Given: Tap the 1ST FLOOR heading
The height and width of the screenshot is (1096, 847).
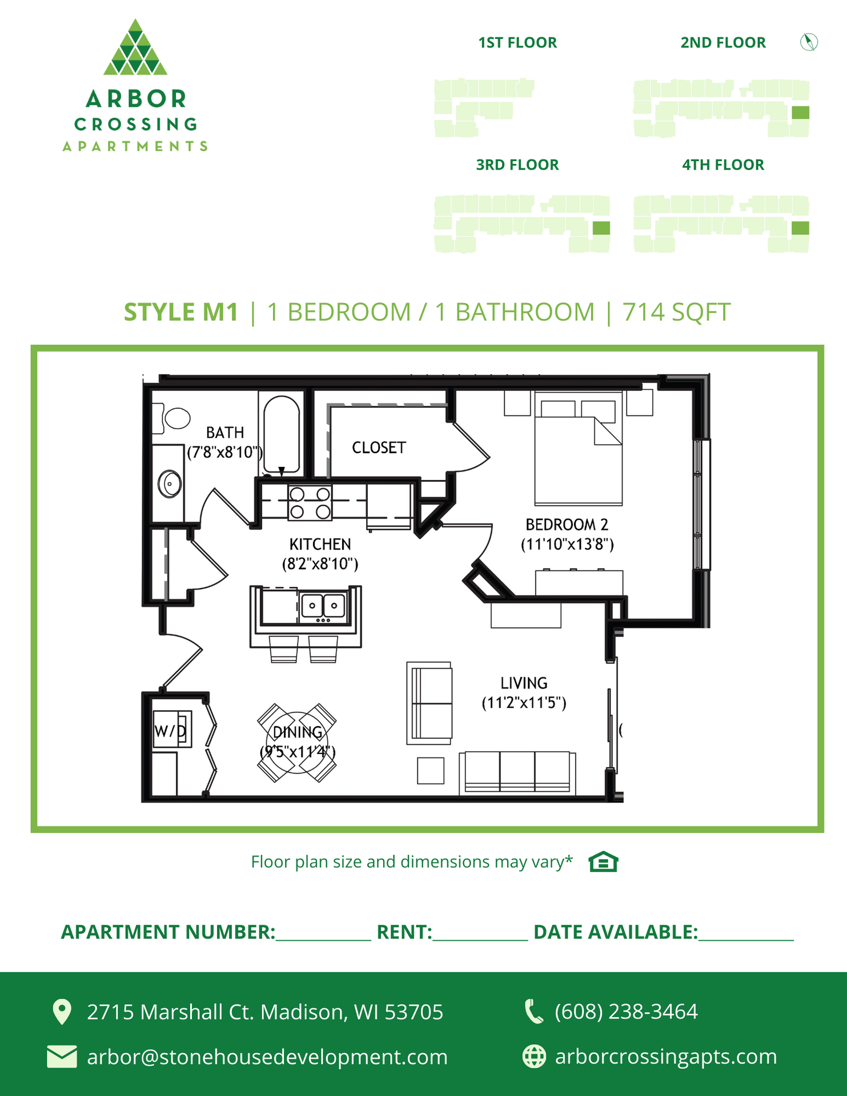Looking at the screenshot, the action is pos(517,43).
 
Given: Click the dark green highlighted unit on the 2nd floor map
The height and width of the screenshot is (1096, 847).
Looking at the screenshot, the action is pos(800,112).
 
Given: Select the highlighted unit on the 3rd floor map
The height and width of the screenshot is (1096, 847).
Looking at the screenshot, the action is pos(601,228).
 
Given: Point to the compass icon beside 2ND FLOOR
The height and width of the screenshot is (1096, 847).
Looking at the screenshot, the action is pos(809,42).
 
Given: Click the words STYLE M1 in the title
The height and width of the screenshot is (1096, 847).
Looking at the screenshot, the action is pos(180,312).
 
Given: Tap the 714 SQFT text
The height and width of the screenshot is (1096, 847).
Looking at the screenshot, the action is pos(676,312).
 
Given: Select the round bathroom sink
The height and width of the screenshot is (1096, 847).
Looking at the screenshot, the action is pos(170,484).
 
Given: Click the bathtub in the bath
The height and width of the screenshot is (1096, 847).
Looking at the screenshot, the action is pos(282,434).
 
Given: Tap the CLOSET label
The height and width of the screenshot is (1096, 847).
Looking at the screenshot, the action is pos(379,448).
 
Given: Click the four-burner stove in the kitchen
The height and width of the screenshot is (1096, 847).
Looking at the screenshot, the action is pos(310,502).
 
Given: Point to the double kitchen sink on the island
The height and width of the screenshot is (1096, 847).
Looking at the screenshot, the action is pos(323,606).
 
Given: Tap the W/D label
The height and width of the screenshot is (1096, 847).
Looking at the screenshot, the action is pos(170,731).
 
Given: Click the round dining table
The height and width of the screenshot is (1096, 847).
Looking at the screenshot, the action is pos(297,742).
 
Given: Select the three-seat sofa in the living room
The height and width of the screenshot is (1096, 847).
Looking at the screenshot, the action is pos(517,772).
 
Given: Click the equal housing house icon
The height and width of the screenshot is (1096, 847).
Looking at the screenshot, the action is pos(603,862).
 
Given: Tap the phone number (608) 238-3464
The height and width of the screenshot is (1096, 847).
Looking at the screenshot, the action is pos(626,1012).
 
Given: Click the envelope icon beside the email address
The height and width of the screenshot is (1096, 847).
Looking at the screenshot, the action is pos(62,1057).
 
